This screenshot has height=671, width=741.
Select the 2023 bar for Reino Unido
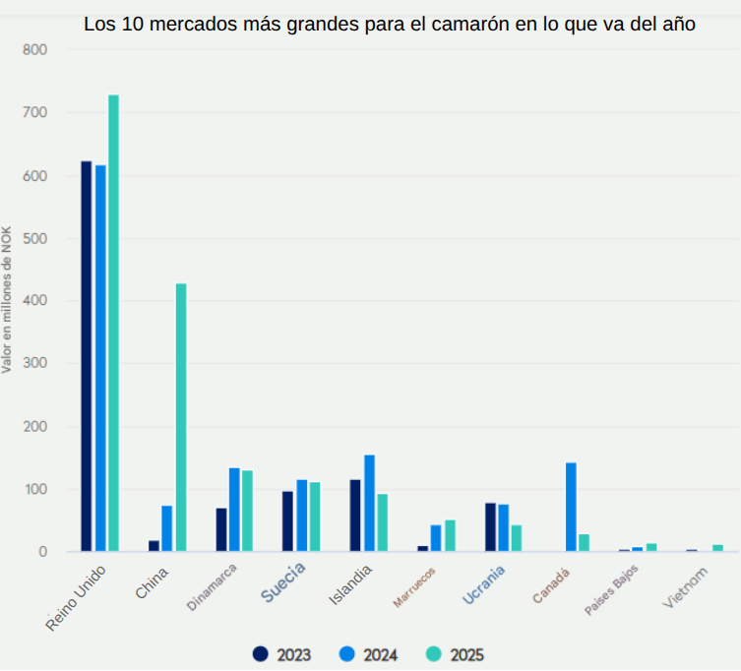click(87, 355)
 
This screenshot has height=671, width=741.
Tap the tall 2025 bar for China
click(181, 417)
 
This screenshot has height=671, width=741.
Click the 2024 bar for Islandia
click(369, 503)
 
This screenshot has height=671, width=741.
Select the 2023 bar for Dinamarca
click(221, 529)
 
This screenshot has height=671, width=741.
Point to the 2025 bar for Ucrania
click(517, 538)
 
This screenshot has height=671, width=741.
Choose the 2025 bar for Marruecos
click(450, 535)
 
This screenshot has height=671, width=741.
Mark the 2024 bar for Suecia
click(301, 516)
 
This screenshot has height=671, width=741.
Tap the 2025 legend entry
click(455, 653)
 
